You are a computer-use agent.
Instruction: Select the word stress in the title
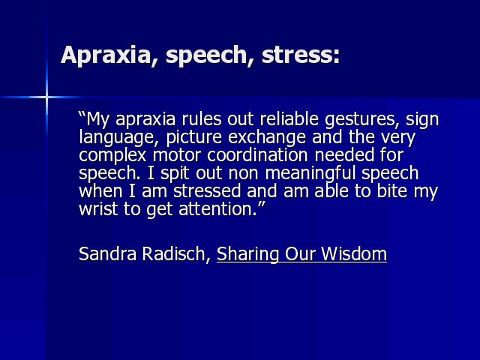click(x=298, y=55)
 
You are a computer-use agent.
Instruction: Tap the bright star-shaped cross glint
click(x=46, y=97)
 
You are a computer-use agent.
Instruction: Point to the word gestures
click(x=362, y=120)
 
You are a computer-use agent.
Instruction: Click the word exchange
click(x=267, y=138)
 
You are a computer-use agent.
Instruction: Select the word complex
click(x=112, y=156)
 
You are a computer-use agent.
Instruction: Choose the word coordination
click(x=257, y=155)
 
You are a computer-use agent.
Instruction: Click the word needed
click(x=343, y=155)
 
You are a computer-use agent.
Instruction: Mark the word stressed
click(x=207, y=191)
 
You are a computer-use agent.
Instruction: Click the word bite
click(x=391, y=191)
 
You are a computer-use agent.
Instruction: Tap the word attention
click(x=217, y=209)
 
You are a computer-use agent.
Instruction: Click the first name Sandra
click(x=107, y=253)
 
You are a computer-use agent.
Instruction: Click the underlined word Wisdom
click(x=354, y=253)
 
